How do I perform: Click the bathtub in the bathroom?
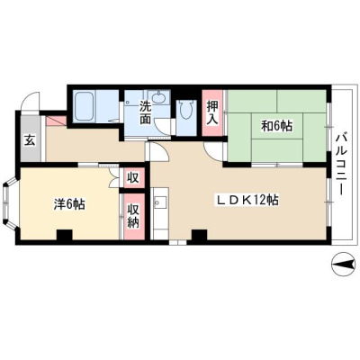(x=84, y=107)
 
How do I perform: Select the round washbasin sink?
(x=158, y=97)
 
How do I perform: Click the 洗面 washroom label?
(x=145, y=112)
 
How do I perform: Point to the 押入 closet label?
(x=212, y=113)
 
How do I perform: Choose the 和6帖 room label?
(x=276, y=126)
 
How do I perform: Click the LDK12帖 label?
(x=247, y=200)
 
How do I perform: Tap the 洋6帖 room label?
(x=69, y=204)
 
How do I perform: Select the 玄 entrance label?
(x=30, y=140)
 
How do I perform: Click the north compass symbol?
(x=343, y=265)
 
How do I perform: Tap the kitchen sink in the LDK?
(x=159, y=203)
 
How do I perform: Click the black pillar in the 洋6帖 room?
(x=65, y=235)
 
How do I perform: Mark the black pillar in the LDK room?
(x=199, y=235)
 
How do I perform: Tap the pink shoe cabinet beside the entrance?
(x=56, y=121)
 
